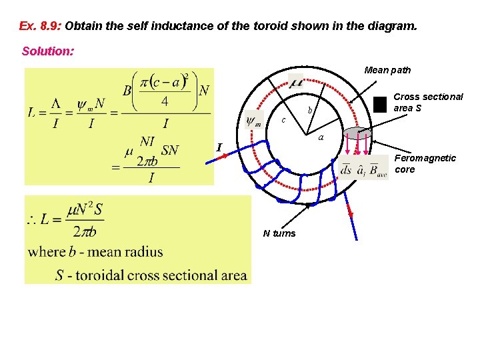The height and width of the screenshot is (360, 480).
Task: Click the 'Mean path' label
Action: (x=387, y=70)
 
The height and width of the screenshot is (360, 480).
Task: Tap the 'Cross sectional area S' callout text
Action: (x=428, y=102)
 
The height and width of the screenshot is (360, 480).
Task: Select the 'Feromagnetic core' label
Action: (x=425, y=163)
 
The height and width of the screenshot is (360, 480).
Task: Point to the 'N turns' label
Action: (x=279, y=233)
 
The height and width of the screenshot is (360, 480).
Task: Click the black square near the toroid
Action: (x=380, y=104)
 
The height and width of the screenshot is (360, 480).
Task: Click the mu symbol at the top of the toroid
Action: (x=296, y=83)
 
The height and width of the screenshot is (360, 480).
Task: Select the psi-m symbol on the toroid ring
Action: (x=253, y=121)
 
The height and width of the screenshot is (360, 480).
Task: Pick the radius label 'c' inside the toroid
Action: (x=283, y=121)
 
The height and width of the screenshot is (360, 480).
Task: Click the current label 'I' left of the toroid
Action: (x=219, y=147)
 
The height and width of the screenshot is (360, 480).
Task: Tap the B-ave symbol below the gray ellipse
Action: (x=377, y=171)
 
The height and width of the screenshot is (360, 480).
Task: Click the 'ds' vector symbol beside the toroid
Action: (x=347, y=169)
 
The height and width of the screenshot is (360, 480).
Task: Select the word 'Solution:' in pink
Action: (x=48, y=51)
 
